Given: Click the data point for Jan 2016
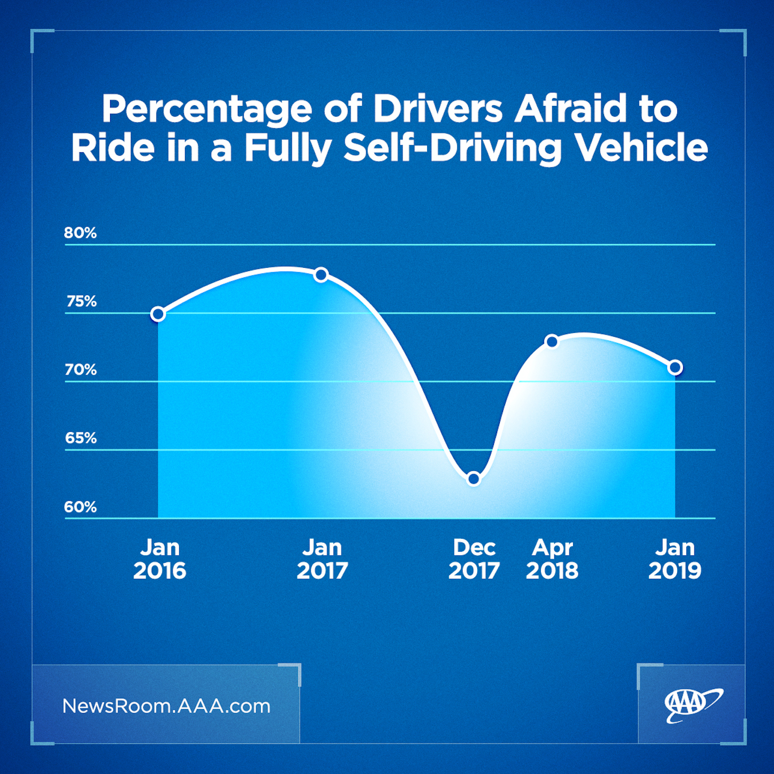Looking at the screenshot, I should tap(158, 314).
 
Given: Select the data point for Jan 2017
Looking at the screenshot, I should tap(321, 275).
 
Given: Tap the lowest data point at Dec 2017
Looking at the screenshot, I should tap(474, 478).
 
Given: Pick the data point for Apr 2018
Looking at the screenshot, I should tap(552, 341).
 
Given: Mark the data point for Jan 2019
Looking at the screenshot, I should tap(675, 367).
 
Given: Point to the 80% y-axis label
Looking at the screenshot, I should tap(80, 233).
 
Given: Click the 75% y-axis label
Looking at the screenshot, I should tap(81, 301).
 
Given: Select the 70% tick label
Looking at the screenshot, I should tap(81, 369).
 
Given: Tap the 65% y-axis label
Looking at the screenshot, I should tap(81, 438).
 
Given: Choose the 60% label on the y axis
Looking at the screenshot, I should tap(80, 507).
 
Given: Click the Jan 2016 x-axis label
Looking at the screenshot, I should tap(159, 559).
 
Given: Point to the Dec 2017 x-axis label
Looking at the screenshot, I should tap(474, 559).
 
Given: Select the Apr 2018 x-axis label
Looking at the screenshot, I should tap(552, 559).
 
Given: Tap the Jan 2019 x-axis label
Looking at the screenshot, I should tap(675, 559).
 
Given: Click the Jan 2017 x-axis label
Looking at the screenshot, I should tap(322, 559).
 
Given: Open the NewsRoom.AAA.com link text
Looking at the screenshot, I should tap(166, 706).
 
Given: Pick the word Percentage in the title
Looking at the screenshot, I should tap(207, 110).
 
